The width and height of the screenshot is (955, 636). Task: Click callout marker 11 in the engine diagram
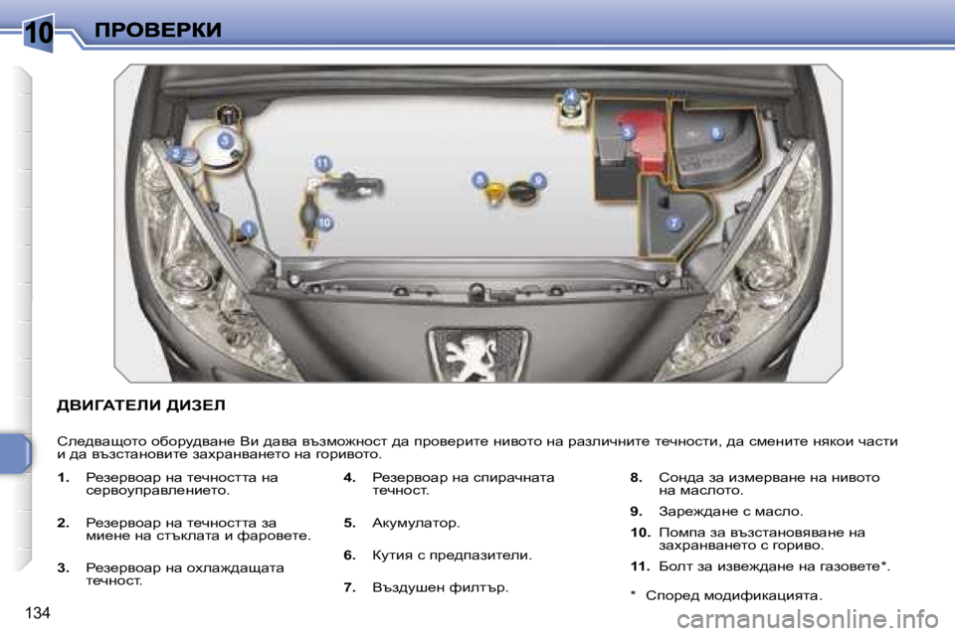tap(322, 163)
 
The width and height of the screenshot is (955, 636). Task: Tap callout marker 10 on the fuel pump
tap(324, 223)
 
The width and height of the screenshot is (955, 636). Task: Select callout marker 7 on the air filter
tap(673, 223)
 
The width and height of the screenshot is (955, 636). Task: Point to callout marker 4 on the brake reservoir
tap(571, 95)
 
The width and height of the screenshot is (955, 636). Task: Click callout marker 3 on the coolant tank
tap(226, 140)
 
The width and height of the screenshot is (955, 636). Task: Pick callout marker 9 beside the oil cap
tap(538, 180)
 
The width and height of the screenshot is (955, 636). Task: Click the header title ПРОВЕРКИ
tap(158, 31)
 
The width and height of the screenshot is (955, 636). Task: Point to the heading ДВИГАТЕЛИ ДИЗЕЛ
tap(141, 405)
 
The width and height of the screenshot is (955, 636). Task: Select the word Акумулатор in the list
tap(415, 523)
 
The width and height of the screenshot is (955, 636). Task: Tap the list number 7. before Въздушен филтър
tap(349, 587)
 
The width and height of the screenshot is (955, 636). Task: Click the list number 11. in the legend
tap(640, 566)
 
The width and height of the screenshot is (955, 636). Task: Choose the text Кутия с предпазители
tap(451, 556)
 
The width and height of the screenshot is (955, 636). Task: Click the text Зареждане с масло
tap(730, 512)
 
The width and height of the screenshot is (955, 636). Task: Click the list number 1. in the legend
tap(64, 478)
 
